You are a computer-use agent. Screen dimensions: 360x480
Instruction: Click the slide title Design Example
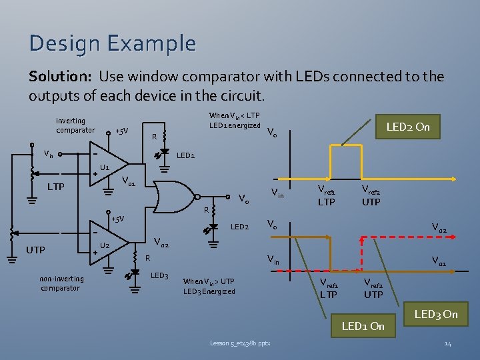112,43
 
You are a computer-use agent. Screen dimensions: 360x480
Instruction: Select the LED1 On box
363,326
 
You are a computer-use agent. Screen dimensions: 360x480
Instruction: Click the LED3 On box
435,314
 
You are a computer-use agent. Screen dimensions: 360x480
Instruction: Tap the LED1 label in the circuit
185,156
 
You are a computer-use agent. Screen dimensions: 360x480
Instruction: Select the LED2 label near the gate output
239,227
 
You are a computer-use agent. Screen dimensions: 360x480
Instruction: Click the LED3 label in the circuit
159,275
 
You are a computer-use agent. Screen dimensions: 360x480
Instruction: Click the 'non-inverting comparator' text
61,283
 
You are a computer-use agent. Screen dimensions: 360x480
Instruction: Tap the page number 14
448,343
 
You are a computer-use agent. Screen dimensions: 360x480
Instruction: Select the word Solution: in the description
59,77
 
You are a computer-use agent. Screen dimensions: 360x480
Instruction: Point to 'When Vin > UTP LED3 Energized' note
209,286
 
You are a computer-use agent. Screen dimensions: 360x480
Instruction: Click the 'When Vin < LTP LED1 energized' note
234,121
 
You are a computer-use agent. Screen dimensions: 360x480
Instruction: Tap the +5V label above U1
121,131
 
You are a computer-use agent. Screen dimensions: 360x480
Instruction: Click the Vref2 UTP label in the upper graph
371,196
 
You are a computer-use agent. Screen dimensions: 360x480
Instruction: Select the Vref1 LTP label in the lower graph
328,289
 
